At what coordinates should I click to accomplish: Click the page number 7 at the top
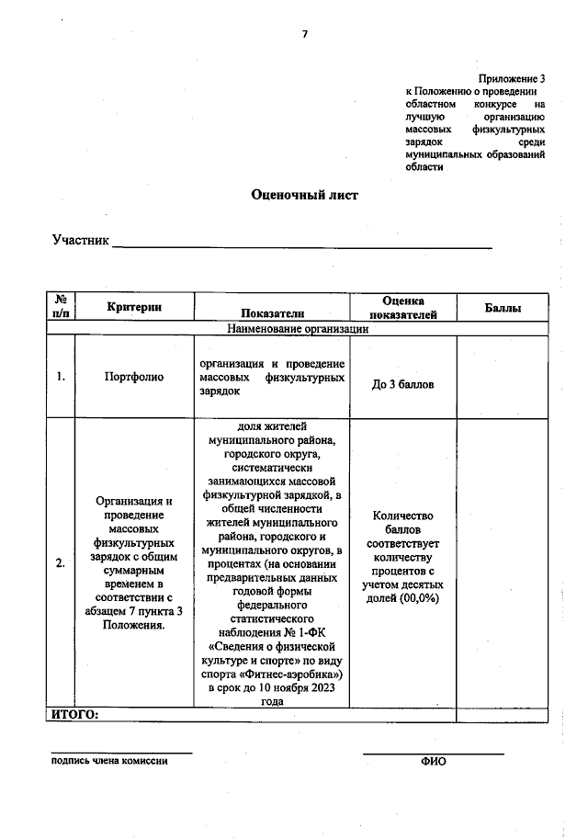[x=304, y=35]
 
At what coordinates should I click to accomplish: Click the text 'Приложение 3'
[x=512, y=79]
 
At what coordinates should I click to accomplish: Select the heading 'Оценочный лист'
[x=304, y=195]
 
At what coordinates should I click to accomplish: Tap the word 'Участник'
[x=81, y=241]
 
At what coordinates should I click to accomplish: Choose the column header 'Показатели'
[x=272, y=313]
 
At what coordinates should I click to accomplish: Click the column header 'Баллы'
[x=503, y=308]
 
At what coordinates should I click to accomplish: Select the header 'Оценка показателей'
[x=402, y=307]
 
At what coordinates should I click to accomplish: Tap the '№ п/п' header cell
[x=60, y=307]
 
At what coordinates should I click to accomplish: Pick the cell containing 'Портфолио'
[x=134, y=377]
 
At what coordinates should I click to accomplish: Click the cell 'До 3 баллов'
[x=402, y=384]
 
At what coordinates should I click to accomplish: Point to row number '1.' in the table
[x=60, y=377]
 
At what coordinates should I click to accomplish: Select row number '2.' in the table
[x=60, y=563]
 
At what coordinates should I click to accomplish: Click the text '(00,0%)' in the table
[x=419, y=597]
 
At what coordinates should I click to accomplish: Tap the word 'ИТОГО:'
[x=73, y=715]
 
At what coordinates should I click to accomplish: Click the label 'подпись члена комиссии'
[x=109, y=761]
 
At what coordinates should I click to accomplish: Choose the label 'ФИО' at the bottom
[x=433, y=762]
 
